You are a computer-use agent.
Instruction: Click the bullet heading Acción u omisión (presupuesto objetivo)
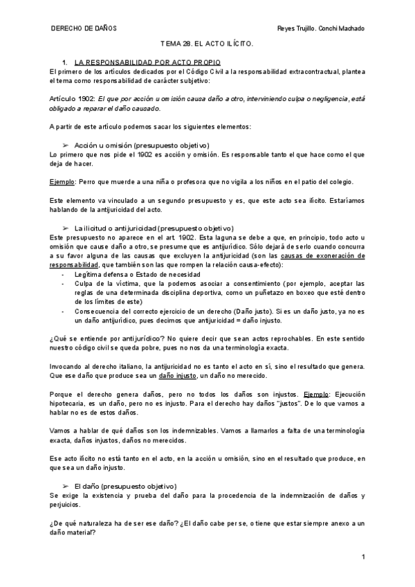(141, 145)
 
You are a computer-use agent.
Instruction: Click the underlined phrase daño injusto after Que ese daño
(176, 374)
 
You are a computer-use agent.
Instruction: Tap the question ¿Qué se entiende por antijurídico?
(103, 338)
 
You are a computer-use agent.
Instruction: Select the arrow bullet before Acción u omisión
(66, 145)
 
